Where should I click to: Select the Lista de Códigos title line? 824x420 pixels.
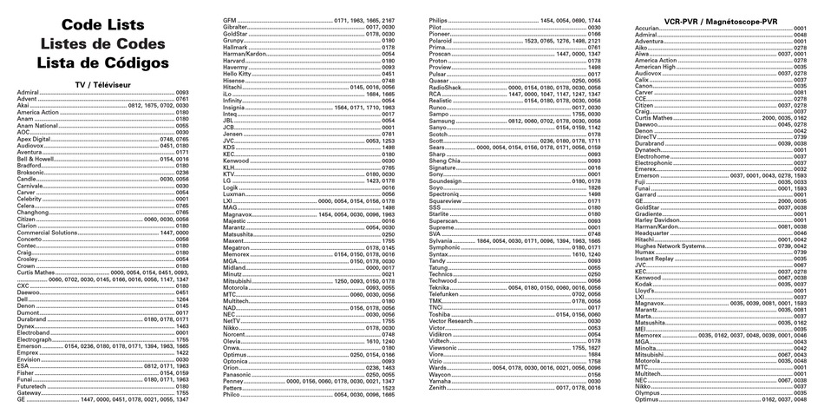102,62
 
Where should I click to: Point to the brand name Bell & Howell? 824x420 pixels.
34,160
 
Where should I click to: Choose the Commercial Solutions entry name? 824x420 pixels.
47,233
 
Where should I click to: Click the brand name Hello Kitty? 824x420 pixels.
237,74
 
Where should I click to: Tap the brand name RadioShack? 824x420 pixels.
445,88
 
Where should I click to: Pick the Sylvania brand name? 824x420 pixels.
441,240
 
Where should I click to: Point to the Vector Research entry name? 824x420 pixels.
450,321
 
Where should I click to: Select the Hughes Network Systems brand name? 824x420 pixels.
670,246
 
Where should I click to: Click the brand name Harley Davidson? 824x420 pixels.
657,220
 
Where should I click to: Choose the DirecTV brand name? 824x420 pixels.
646,137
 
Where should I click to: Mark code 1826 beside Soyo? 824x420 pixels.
594,187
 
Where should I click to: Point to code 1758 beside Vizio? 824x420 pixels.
594,361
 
